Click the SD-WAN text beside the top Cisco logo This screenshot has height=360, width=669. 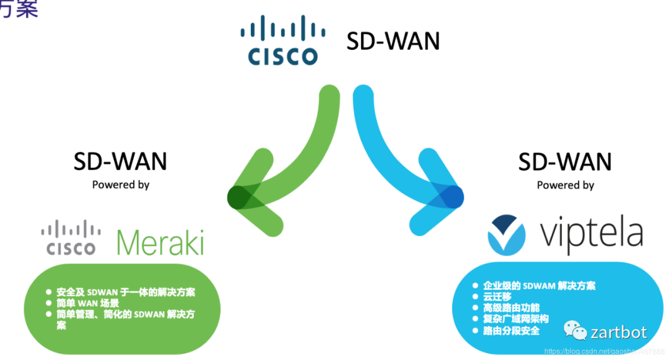pyautogui.click(x=393, y=42)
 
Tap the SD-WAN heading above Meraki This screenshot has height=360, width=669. pyautogui.click(x=120, y=162)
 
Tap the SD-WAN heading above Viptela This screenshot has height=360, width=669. pyautogui.click(x=565, y=162)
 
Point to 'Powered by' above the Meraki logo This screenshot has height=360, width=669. pyautogui.click(x=121, y=184)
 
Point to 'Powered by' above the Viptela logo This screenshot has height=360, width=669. pyautogui.click(x=565, y=185)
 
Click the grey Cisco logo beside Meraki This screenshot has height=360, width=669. pyautogui.click(x=71, y=239)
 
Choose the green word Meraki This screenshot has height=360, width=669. pyautogui.click(x=160, y=243)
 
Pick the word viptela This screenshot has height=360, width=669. pyautogui.click(x=591, y=234)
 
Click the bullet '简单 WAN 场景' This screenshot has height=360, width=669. pyautogui.click(x=87, y=303)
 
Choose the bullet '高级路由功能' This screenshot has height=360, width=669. pyautogui.click(x=511, y=308)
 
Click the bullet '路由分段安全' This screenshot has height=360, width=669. pyautogui.click(x=511, y=330)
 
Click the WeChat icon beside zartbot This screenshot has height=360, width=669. pyautogui.click(x=574, y=331)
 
